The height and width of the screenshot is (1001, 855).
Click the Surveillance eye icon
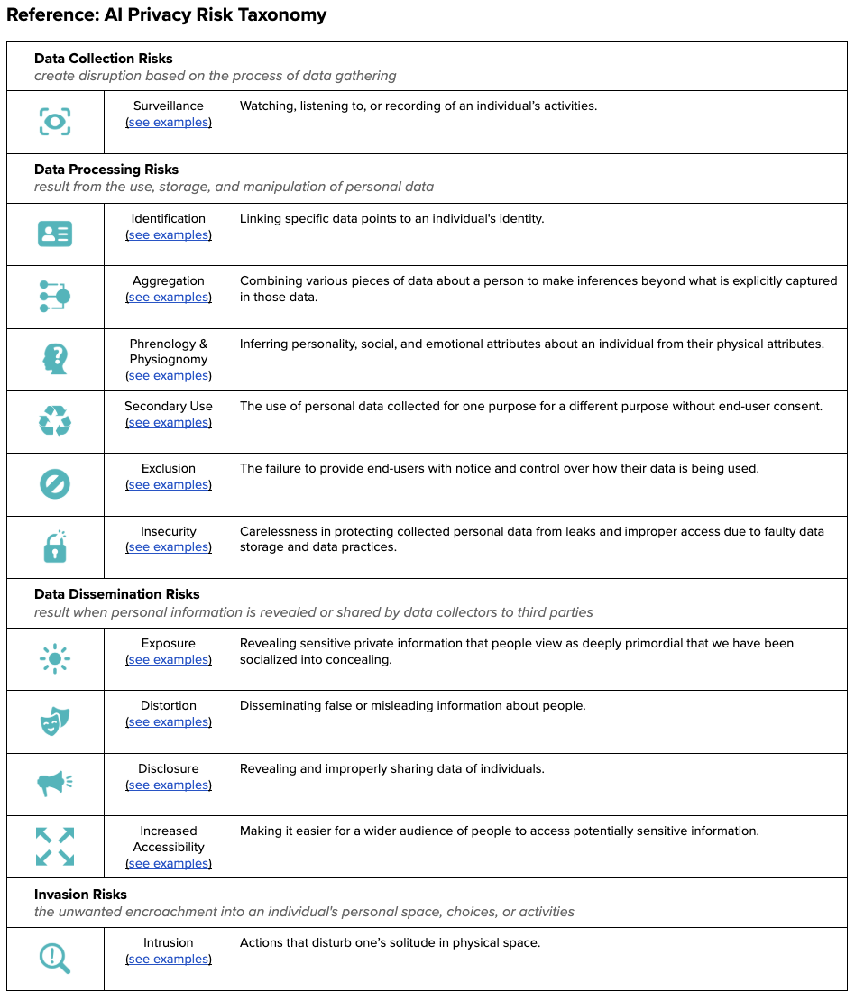pyautogui.click(x=55, y=121)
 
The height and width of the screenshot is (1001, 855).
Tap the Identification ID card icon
pyautogui.click(x=55, y=234)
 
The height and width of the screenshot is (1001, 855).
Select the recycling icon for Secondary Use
pyautogui.click(x=55, y=421)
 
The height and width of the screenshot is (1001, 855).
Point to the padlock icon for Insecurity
pyautogui.click(x=55, y=546)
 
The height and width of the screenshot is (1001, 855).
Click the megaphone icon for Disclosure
pyautogui.click(x=55, y=784)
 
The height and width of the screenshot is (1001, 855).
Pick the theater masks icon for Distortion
pyautogui.click(x=55, y=721)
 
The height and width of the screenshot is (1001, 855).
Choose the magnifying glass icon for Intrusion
pyautogui.click(x=55, y=959)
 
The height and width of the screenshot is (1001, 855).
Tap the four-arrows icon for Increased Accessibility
pyautogui.click(x=55, y=847)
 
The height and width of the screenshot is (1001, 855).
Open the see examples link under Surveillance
pyautogui.click(x=169, y=123)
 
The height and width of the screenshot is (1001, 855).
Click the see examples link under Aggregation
pyautogui.click(x=169, y=298)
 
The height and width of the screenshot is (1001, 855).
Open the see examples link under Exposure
pyautogui.click(x=169, y=660)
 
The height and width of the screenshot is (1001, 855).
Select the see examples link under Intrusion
pyautogui.click(x=169, y=960)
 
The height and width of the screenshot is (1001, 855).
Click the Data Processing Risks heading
pyautogui.click(x=106, y=170)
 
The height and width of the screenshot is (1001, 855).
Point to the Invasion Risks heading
pyautogui.click(x=80, y=895)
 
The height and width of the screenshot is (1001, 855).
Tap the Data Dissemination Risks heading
pyautogui.click(x=117, y=594)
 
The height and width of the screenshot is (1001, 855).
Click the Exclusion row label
pyautogui.click(x=169, y=469)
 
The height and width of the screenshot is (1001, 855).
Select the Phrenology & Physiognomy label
pyautogui.click(x=169, y=352)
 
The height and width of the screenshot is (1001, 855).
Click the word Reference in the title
pyautogui.click(x=44, y=15)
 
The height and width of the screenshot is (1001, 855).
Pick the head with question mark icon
pyautogui.click(x=55, y=359)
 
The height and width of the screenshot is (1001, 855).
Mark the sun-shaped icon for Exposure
pyautogui.click(x=55, y=659)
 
